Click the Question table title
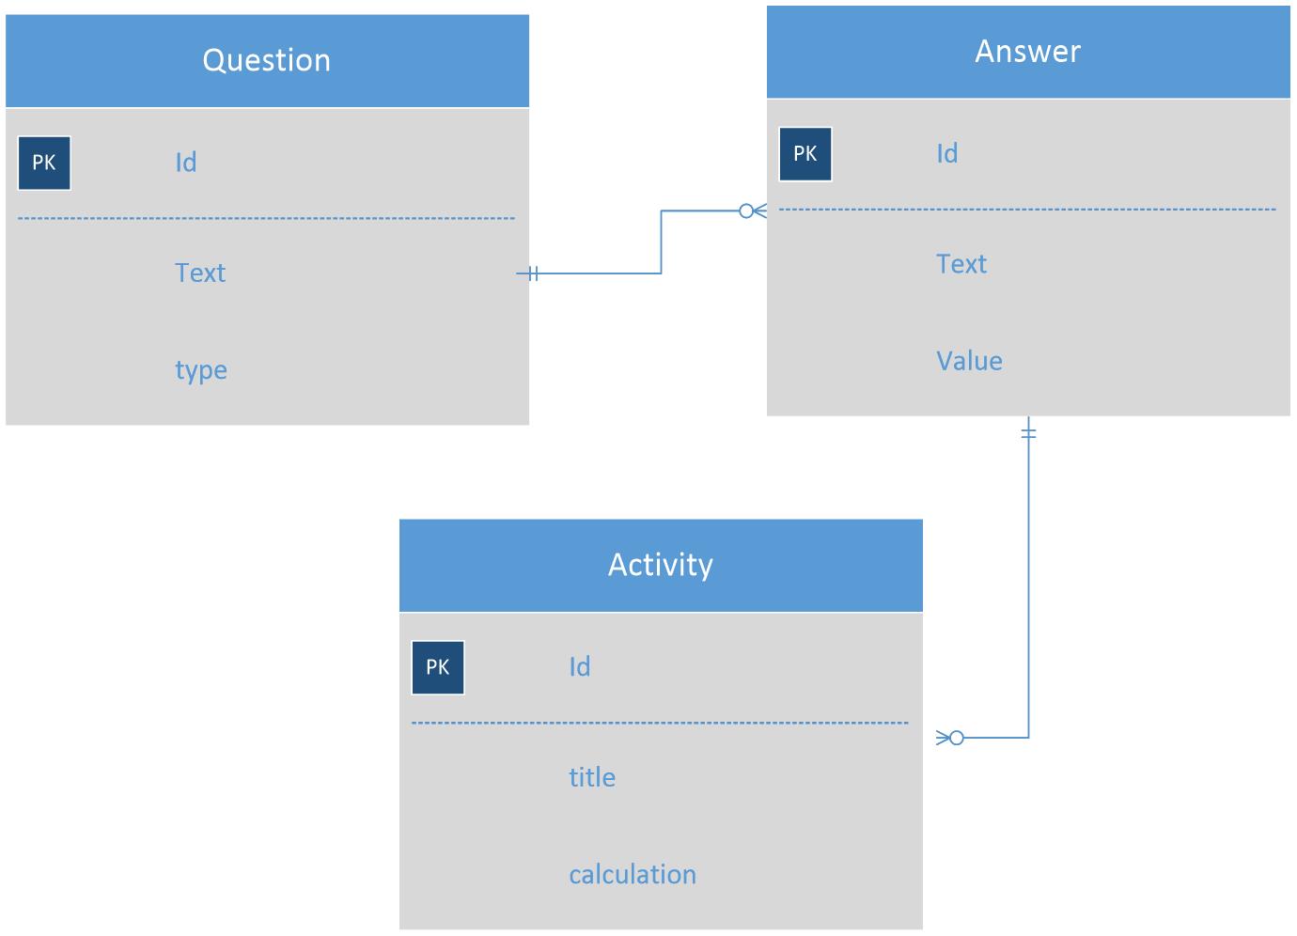pos(266,60)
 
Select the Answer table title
pos(1028,51)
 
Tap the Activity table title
pos(660,566)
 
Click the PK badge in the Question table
pos(44,164)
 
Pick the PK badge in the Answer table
pos(805,154)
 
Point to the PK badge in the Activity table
pos(438,667)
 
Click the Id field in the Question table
pos(186,163)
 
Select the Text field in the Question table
pos(200,273)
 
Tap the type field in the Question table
pos(201,370)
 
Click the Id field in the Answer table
pos(947,154)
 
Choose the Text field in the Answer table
pos(961,264)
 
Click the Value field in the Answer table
pos(969,361)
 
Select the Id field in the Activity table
pos(580,667)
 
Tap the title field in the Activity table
pos(592,777)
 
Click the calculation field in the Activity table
pos(633,875)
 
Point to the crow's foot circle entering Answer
pos(746,211)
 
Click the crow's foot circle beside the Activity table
pos(957,738)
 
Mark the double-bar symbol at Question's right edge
pos(533,273)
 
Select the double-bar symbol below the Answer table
pos(1028,433)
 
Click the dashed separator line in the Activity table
pos(660,723)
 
